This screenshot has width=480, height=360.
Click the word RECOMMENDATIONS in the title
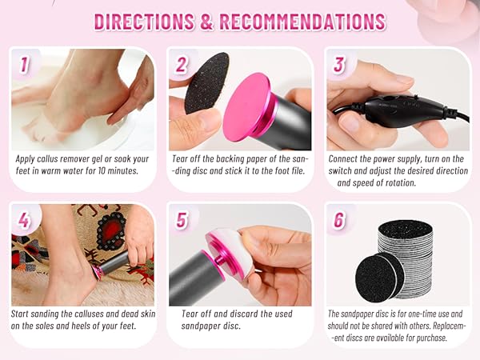[303, 22]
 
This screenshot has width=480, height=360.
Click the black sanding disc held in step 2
[206, 83]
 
